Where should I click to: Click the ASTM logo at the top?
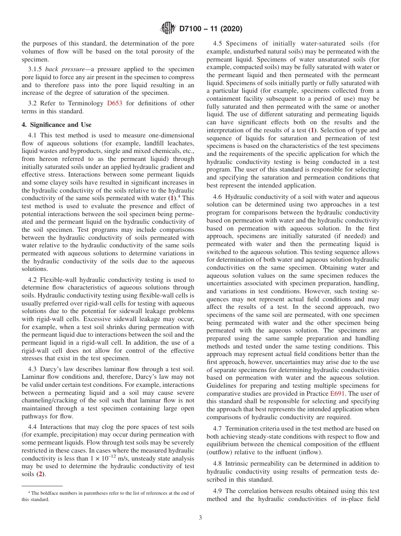coord(168,29)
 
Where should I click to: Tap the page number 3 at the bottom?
coord(200,518)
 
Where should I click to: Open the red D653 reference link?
coord(115,103)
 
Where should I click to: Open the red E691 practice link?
coord(338,394)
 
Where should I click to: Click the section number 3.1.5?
coord(35,69)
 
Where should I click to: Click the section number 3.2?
coord(33,103)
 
